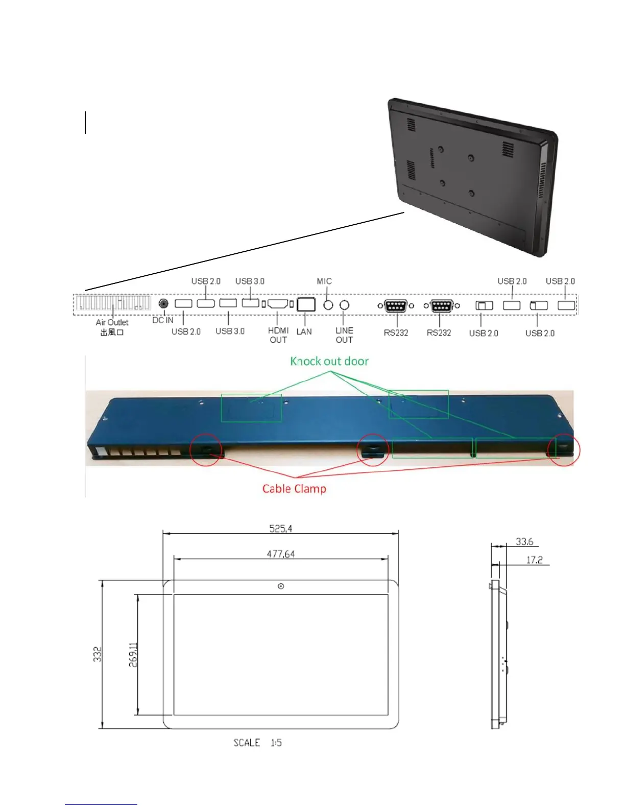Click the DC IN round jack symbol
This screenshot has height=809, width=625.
point(163,303)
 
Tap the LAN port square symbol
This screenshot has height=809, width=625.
point(305,304)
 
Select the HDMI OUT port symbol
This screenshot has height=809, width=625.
point(277,304)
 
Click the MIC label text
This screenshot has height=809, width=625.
point(324,281)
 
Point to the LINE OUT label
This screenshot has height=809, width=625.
point(344,335)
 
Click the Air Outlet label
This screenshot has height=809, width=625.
point(112,323)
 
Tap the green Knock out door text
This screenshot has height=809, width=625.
point(329,362)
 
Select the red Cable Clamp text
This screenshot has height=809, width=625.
point(294,489)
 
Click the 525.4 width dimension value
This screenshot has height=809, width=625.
point(281,529)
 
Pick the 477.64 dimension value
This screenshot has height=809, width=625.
point(281,554)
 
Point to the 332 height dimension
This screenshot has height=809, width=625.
point(98,654)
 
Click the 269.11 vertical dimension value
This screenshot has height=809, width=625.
point(133,654)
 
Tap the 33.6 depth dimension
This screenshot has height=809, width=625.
point(524,541)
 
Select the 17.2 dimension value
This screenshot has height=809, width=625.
point(534,560)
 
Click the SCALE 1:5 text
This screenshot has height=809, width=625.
point(257,743)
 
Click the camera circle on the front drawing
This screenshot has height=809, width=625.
point(281,586)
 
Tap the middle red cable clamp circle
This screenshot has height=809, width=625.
point(373,449)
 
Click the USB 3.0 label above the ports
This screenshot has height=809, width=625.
point(250,281)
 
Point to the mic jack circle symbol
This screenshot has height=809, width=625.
point(328,305)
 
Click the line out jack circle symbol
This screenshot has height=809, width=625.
point(345,305)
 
